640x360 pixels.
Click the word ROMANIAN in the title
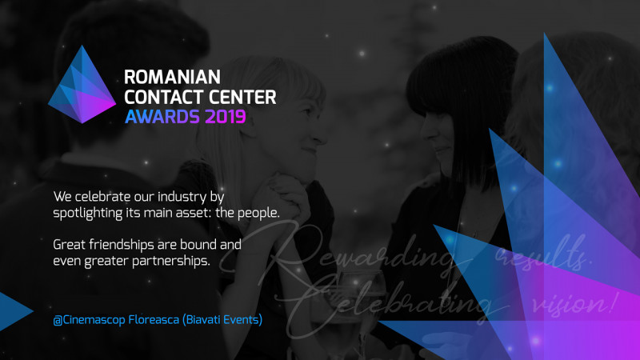[x=172, y=78]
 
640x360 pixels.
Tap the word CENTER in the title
[x=239, y=98]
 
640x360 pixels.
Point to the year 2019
[x=226, y=118]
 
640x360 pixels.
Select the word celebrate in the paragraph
[x=102, y=196]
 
